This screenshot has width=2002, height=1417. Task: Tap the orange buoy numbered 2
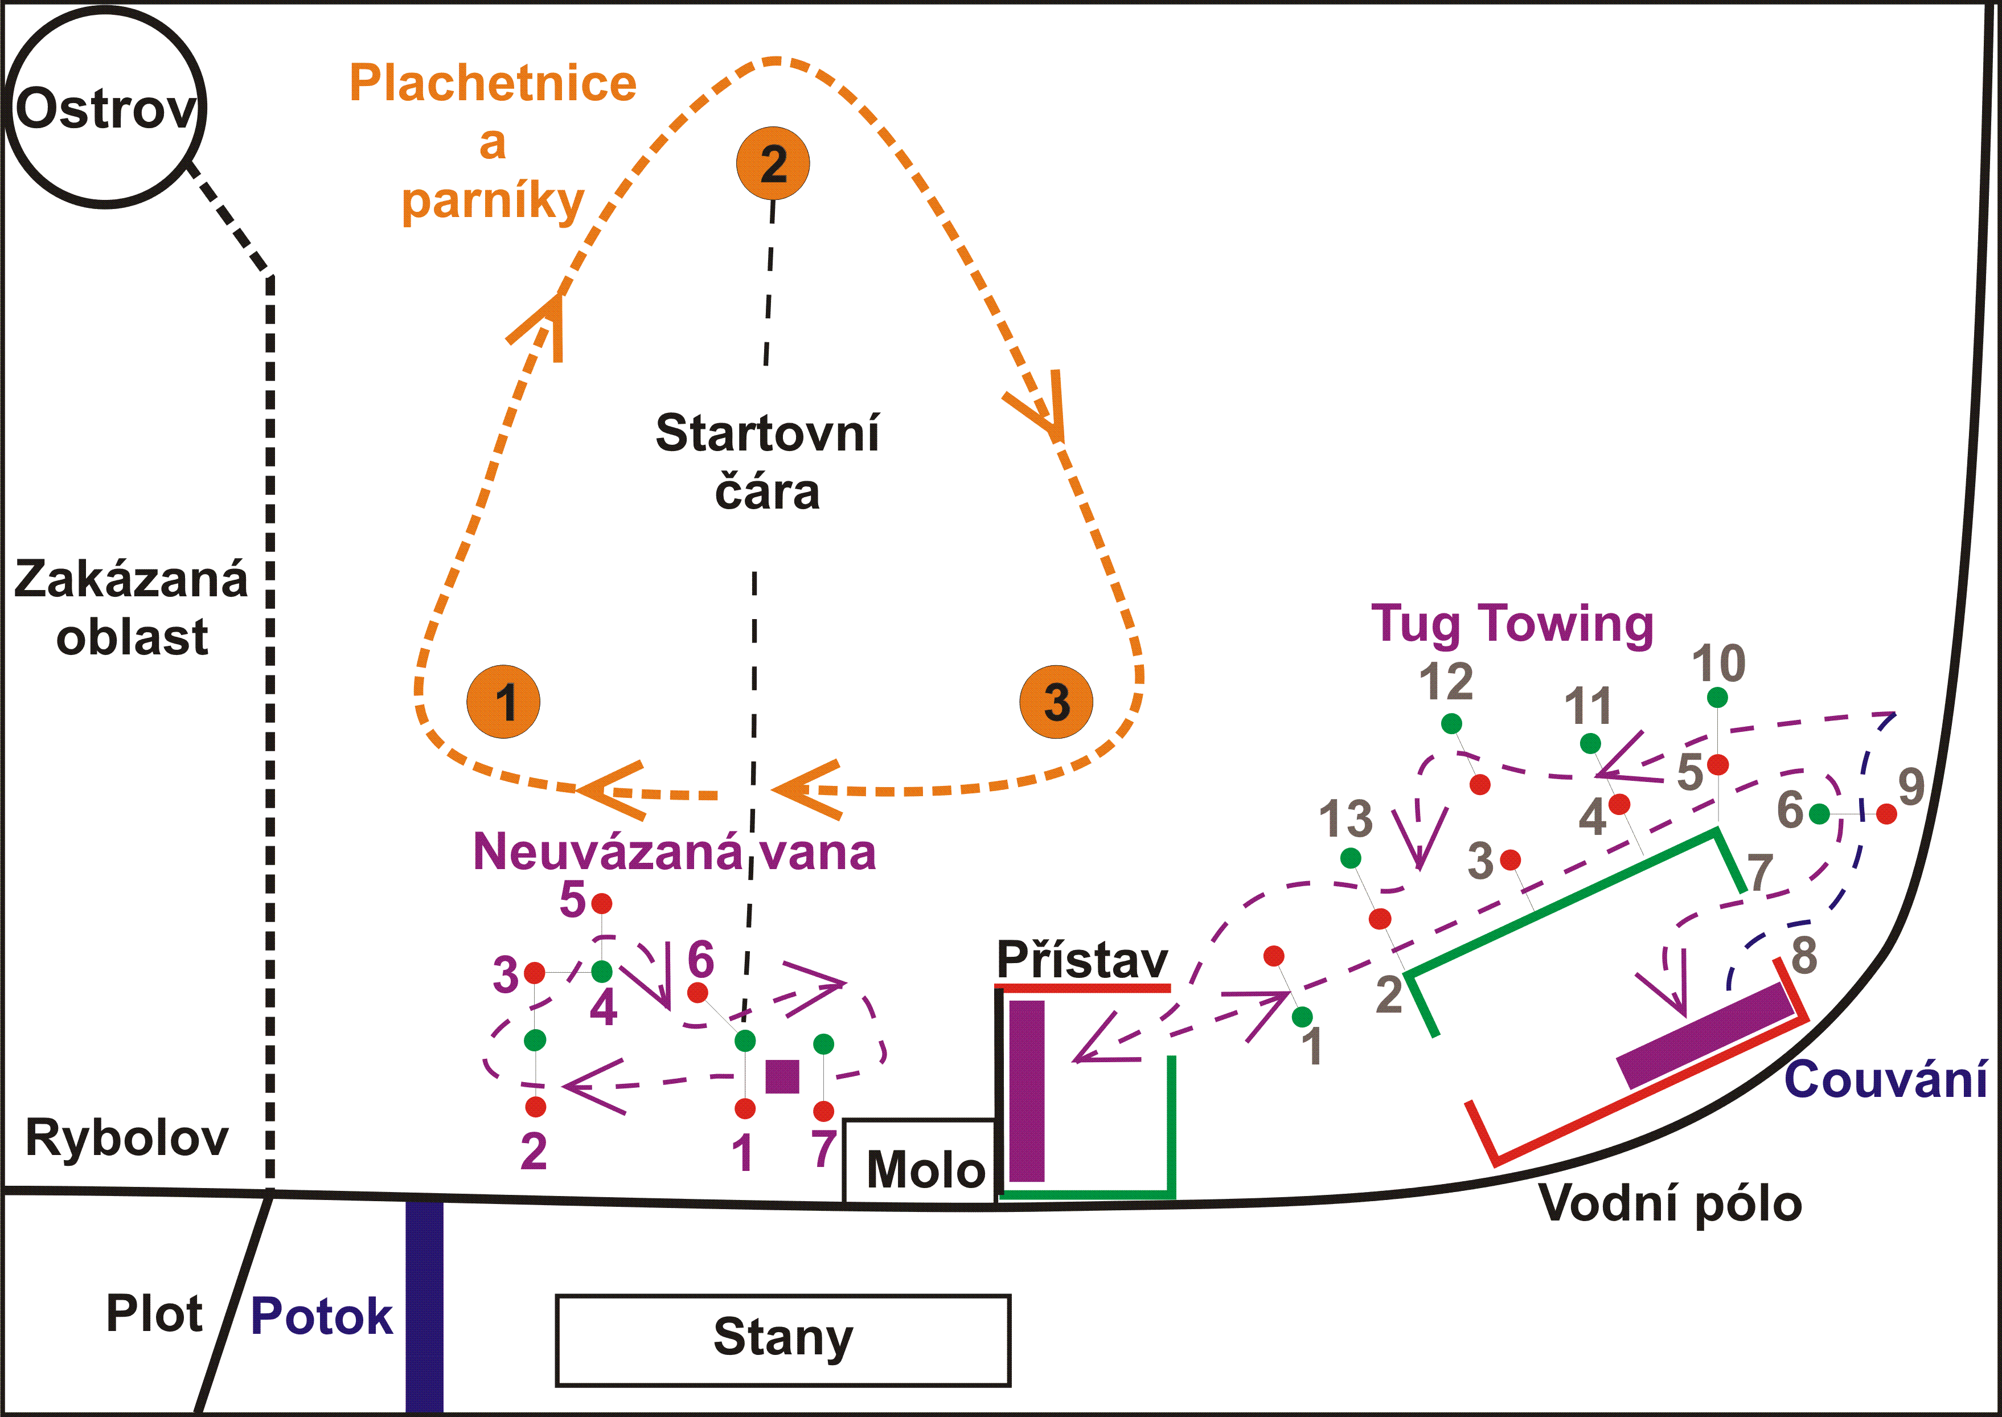pyautogui.click(x=773, y=164)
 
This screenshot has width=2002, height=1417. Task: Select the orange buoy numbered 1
pyautogui.click(x=503, y=702)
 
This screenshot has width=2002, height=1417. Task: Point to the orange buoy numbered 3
pyautogui.click(x=1056, y=702)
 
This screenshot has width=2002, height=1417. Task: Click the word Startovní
pyautogui.click(x=767, y=433)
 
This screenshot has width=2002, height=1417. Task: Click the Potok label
pyautogui.click(x=321, y=1316)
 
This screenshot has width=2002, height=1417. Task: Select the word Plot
pyautogui.click(x=154, y=1313)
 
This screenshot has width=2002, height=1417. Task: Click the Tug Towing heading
pyautogui.click(x=1512, y=625)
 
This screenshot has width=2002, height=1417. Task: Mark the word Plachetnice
pyautogui.click(x=493, y=84)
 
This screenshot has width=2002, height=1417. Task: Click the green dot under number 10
pyautogui.click(x=1717, y=697)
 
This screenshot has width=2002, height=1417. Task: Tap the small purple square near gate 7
pyautogui.click(x=782, y=1076)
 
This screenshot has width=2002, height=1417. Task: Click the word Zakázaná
pyautogui.click(x=131, y=579)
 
